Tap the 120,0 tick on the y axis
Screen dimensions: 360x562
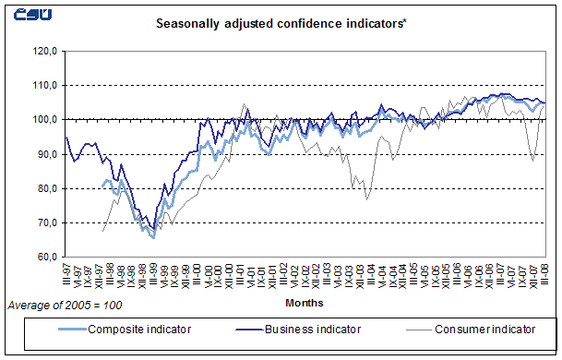45,51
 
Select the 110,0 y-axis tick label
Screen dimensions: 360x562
45,85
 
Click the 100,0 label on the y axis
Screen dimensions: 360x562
45,119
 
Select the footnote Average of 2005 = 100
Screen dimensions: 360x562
64,304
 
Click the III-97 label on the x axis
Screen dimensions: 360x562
66,273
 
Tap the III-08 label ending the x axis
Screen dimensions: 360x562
545,273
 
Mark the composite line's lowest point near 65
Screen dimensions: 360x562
152,237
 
